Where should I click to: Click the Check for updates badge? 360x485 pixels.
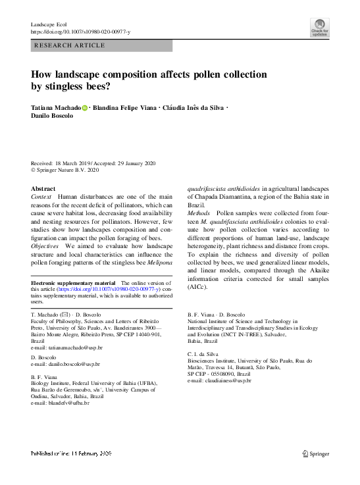point(320,27)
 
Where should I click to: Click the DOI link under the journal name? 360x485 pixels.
point(81,32)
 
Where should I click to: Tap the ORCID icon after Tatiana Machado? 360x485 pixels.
point(86,107)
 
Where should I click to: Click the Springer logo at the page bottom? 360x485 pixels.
point(315,453)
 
